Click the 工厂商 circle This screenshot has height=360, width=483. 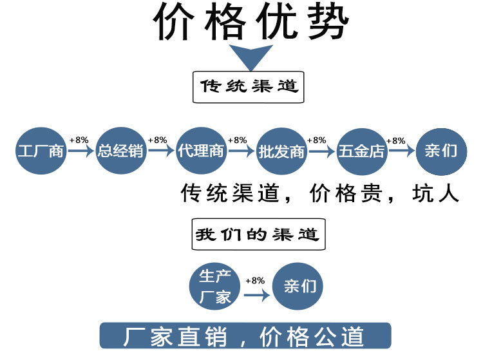(x=41, y=152)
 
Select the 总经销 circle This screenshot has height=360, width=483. (x=121, y=152)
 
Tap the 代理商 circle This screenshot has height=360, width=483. (x=201, y=152)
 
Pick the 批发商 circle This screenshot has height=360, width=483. (x=281, y=152)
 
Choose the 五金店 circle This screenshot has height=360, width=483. (x=361, y=152)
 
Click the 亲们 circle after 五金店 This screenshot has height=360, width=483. (x=441, y=152)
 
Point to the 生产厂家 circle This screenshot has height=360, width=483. (x=215, y=287)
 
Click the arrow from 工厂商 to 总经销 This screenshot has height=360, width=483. (x=80, y=152)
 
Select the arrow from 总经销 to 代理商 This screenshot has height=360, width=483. (x=161, y=152)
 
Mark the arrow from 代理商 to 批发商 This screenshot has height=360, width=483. (x=241, y=152)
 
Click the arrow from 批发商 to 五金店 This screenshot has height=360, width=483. (x=321, y=152)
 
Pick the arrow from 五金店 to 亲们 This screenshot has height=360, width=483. (x=401, y=152)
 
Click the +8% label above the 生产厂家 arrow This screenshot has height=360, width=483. (x=255, y=281)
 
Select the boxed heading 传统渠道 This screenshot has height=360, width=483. (x=248, y=86)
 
